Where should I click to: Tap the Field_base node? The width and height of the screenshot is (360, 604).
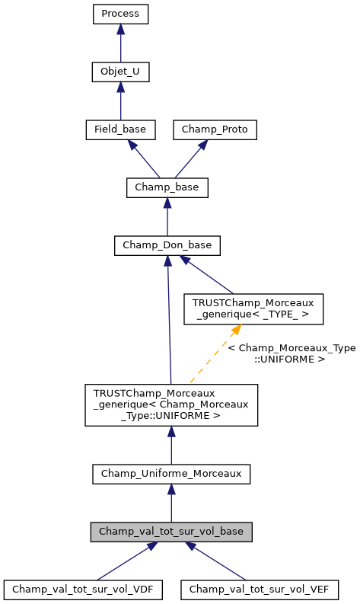pyautogui.click(x=120, y=130)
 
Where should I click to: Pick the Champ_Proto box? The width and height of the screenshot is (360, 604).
pyautogui.click(x=215, y=130)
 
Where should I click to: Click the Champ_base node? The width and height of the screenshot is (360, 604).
pyautogui.click(x=167, y=187)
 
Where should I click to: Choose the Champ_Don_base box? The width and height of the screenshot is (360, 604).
pyautogui.click(x=167, y=245)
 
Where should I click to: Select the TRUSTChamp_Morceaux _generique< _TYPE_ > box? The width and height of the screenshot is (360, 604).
pyautogui.click(x=253, y=308)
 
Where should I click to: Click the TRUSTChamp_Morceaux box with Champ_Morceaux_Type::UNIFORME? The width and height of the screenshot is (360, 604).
pyautogui.click(x=171, y=404)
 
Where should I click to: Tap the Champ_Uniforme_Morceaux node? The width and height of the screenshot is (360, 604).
pyautogui.click(x=171, y=474)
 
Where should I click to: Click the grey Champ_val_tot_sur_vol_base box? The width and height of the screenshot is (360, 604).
pyautogui.click(x=171, y=531)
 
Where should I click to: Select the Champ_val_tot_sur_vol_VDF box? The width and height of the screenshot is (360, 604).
pyautogui.click(x=83, y=589)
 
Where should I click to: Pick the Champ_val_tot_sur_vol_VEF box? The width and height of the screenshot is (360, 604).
pyautogui.click(x=259, y=589)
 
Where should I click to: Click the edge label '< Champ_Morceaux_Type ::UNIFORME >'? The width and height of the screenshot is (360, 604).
pyautogui.click(x=292, y=353)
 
